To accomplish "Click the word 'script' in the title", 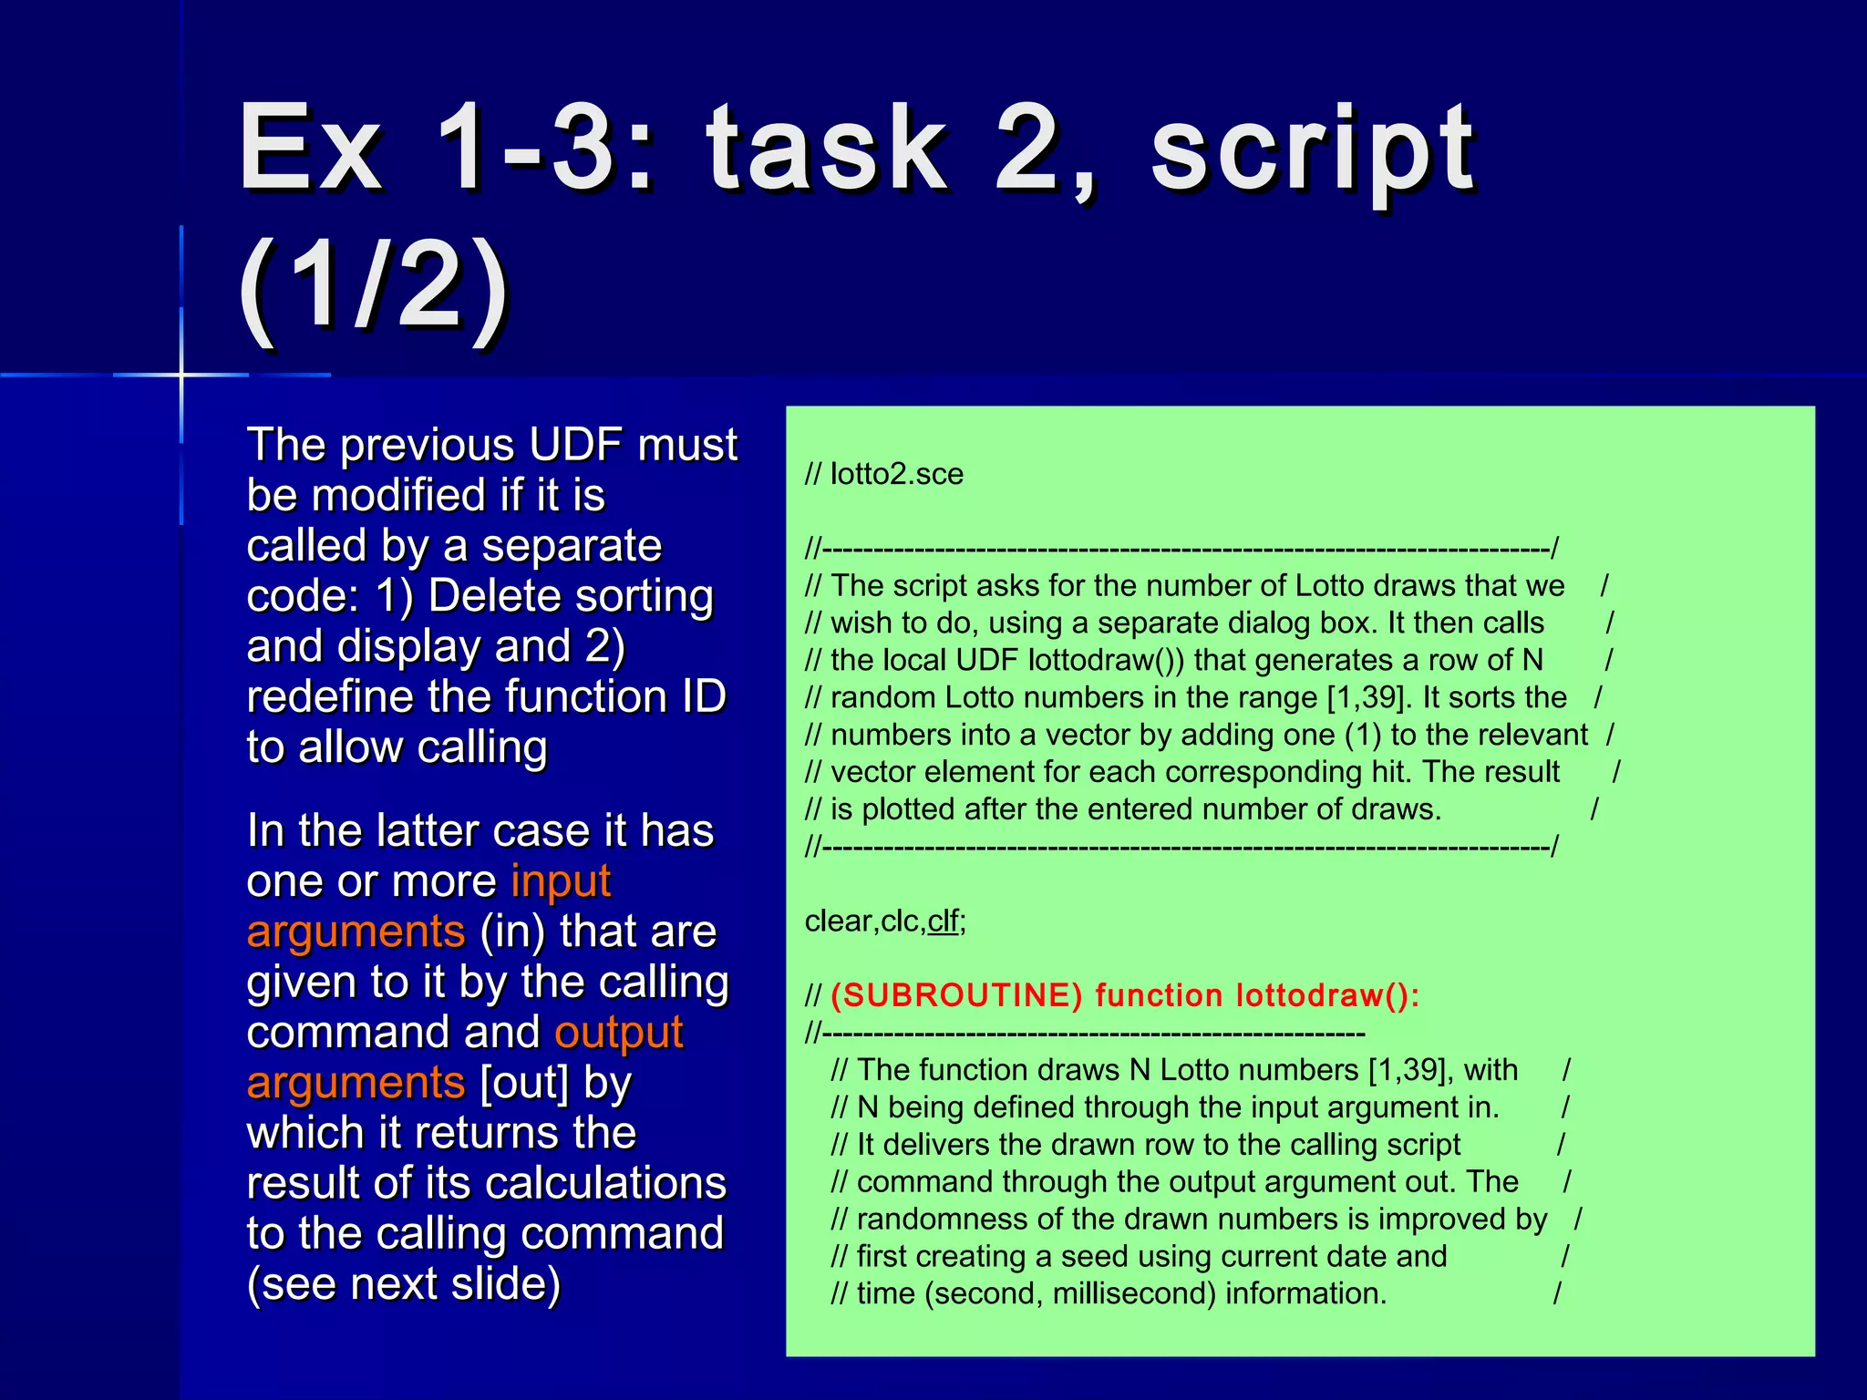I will (1313, 150).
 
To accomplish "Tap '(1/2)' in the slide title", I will (374, 287).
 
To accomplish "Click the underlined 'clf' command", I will (944, 921).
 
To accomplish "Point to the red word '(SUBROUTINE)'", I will (956, 995).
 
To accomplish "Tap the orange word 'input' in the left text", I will (561, 881).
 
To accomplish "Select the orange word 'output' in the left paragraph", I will (619, 1033).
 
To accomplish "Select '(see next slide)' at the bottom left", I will (404, 1284).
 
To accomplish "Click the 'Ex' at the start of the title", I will (310, 150).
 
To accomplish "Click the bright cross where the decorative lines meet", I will (181, 375).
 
